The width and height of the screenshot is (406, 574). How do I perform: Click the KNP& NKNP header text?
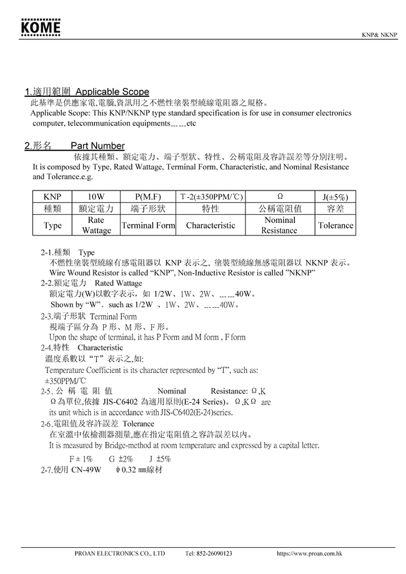tap(379, 35)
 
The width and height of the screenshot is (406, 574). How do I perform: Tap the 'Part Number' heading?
tap(97, 146)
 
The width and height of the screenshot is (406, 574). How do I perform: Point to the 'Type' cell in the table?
tap(52, 225)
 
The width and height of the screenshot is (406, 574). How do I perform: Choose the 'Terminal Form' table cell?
tap(147, 225)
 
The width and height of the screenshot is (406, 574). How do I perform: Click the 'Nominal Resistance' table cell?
tap(280, 225)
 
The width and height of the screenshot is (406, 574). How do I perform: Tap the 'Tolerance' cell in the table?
tap(335, 225)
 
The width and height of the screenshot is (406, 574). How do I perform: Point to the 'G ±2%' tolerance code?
tap(121, 458)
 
